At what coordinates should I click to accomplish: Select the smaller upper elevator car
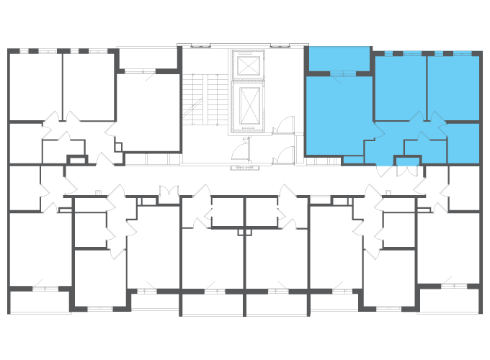pos(248,66)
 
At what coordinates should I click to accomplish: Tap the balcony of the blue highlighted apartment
pos(339,58)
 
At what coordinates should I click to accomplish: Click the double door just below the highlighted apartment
pos(407,170)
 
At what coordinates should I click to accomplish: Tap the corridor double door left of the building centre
pos(169,192)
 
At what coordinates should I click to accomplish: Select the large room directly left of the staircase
pos(148,112)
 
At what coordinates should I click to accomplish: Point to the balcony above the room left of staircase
pos(147,58)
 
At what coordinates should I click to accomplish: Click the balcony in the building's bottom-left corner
pos(40,302)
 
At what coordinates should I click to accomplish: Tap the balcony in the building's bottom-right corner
pos(448,301)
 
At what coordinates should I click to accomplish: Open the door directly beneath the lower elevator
pos(241,150)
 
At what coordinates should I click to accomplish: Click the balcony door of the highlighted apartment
pos(342,74)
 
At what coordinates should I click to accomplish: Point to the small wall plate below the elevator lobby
pos(245,168)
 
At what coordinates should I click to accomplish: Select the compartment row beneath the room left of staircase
pos(151,159)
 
